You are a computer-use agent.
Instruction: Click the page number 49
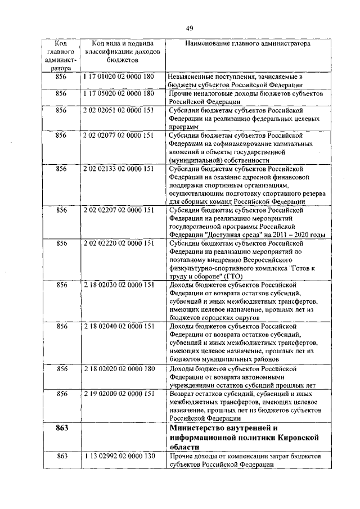tap(190, 28)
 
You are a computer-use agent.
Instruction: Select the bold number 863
tap(62, 429)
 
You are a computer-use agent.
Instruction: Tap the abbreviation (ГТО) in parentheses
tap(232, 276)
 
